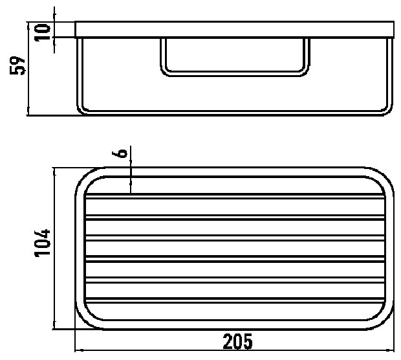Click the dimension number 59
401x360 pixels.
point(17,65)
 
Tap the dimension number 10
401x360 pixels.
point(43,32)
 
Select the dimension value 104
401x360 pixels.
point(42,243)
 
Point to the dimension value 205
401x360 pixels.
point(237,342)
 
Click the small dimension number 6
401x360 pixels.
point(120,153)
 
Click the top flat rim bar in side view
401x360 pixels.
point(234,29)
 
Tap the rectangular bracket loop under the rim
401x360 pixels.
point(235,74)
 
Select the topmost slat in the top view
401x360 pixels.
point(235,196)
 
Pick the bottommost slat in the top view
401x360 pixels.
point(235,300)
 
